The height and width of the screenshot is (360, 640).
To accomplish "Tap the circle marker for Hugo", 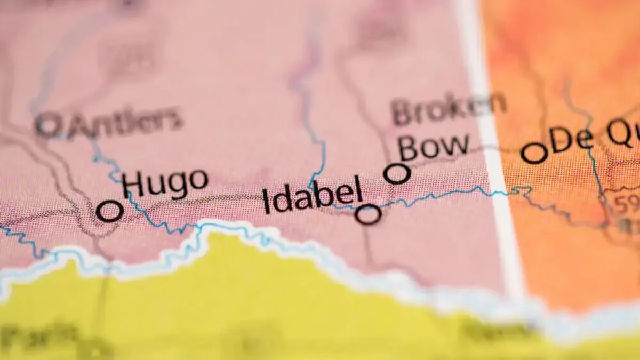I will [x=110, y=211].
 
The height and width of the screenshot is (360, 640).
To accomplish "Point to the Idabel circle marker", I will [x=369, y=214].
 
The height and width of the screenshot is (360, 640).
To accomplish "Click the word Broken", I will [x=448, y=110].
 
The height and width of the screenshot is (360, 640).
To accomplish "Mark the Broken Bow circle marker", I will [x=397, y=174].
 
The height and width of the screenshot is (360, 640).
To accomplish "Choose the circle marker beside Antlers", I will [x=49, y=125].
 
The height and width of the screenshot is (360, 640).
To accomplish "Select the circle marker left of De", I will [x=534, y=153].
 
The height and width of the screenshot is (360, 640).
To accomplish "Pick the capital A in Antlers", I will [x=80, y=126].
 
